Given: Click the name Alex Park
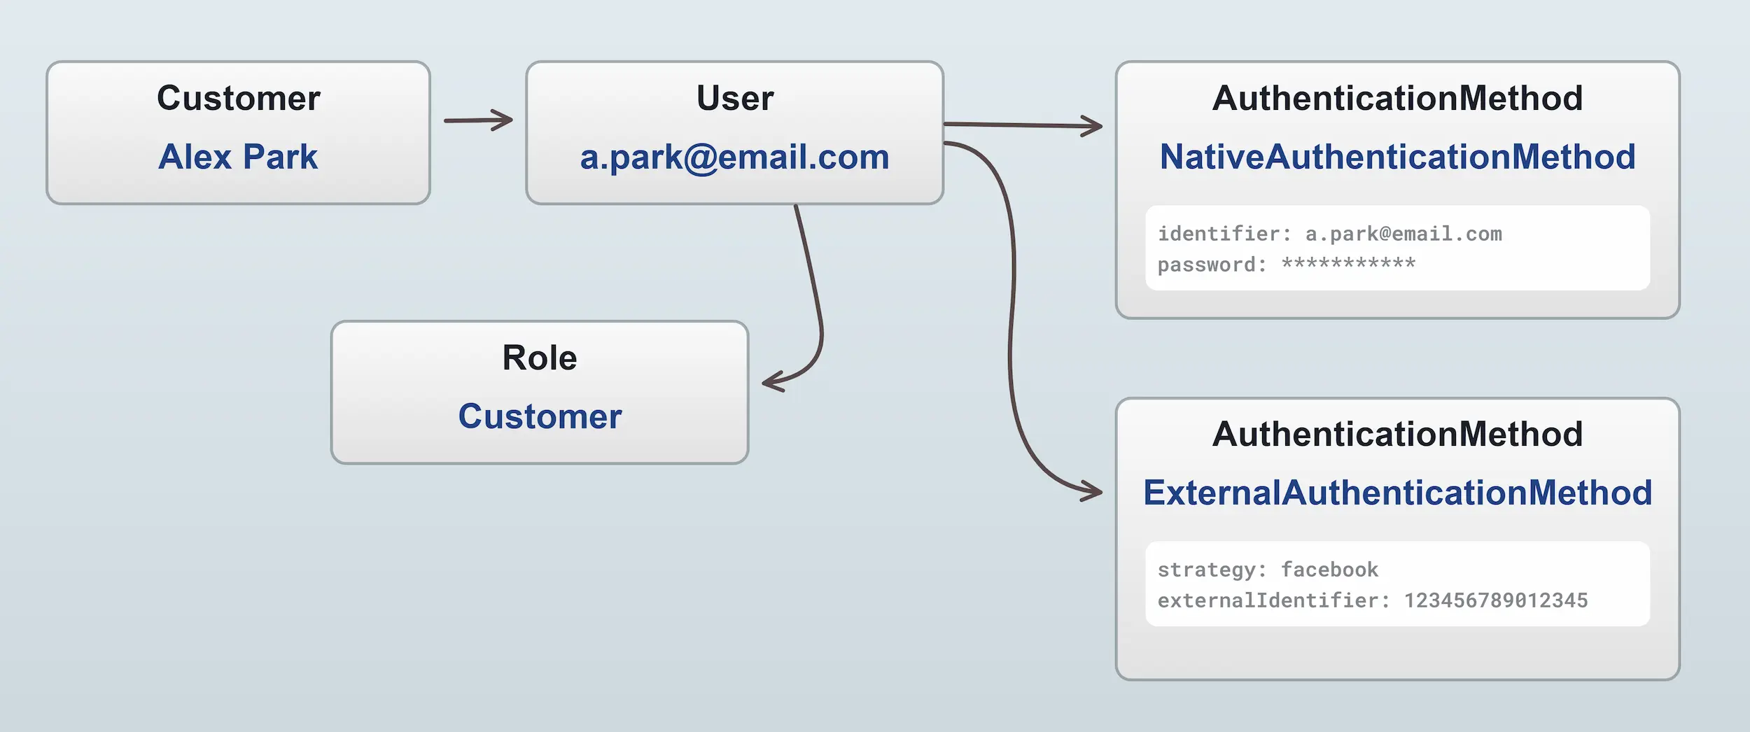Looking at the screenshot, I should point(238,157).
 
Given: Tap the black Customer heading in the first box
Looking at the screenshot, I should point(238,98).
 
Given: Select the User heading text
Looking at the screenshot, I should point(735,98).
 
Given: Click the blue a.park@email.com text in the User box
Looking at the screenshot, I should point(734,157).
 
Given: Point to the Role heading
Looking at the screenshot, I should point(540,358).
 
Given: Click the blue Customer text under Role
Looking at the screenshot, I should point(540,416).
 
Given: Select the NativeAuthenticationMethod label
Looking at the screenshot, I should point(1397,157).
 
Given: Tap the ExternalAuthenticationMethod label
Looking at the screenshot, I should point(1397,493).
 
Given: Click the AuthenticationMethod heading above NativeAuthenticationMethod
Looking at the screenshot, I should point(1397,98).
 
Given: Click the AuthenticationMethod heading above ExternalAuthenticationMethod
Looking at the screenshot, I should point(1397,434).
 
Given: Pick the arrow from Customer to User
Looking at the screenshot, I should point(478,120).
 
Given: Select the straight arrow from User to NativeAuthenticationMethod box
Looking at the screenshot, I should point(1022,125).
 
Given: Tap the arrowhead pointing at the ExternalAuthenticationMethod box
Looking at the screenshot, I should point(1092,491).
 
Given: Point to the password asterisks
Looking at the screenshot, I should point(1348,264).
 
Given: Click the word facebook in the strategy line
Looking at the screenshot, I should point(1329,570).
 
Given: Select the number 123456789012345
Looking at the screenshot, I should point(1496,600).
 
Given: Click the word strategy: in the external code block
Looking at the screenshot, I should point(1212,570).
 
